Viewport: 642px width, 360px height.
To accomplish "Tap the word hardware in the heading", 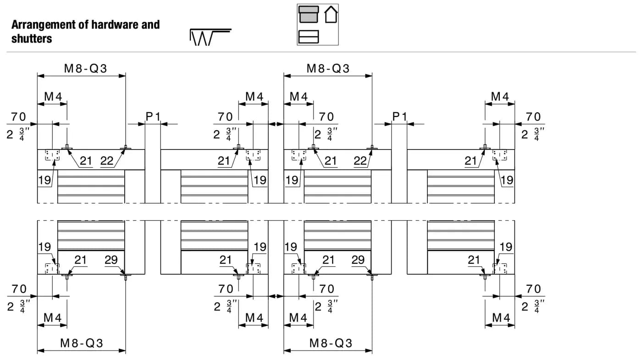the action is point(115,24).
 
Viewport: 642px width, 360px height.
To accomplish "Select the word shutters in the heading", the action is point(32,39).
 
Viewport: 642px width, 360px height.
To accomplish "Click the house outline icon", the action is point(331,14).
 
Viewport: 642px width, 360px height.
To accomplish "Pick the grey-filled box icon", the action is point(308,14).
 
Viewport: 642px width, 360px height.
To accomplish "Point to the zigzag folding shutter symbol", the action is point(210,37).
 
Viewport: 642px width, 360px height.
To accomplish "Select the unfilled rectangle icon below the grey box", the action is point(308,37).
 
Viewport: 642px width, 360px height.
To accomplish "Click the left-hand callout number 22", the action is point(107,161).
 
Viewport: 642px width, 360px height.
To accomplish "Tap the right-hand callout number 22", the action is point(360,161).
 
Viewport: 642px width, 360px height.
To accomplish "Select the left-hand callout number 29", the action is point(111,260).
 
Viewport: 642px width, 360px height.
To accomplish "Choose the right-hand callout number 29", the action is point(358,260).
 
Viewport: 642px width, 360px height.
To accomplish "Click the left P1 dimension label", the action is point(153,116).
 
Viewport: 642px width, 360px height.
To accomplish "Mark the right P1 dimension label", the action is point(399,116).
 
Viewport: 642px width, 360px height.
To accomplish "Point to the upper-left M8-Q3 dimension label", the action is point(85,68).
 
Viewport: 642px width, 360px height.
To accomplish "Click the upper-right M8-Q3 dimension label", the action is point(328,68).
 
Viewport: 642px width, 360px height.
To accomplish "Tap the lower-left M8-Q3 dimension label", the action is point(82,343).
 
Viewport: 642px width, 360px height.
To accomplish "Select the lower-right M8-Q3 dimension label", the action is point(331,343).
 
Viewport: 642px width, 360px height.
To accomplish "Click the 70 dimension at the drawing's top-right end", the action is point(533,116).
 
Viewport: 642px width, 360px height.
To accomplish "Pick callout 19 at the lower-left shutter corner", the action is point(45,247).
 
